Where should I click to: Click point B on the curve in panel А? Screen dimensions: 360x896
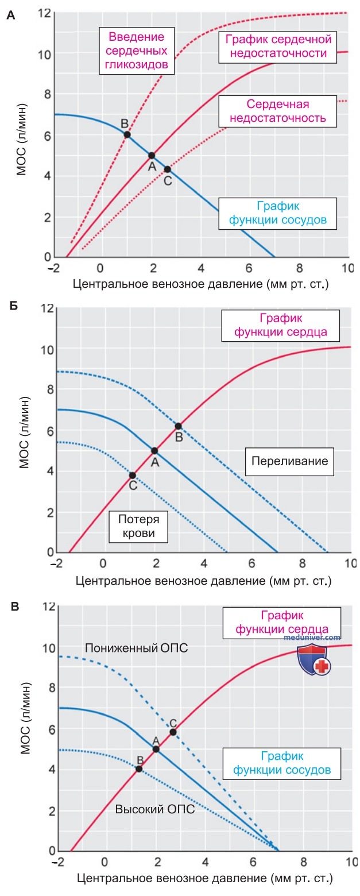click(x=127, y=134)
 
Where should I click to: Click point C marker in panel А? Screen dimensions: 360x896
click(x=167, y=169)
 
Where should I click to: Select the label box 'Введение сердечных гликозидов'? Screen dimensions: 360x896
click(x=137, y=51)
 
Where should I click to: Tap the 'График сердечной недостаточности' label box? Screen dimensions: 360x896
click(x=278, y=47)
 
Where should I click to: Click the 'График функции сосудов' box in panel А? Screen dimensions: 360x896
click(x=277, y=213)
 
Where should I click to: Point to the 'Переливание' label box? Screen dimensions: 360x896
click(x=289, y=461)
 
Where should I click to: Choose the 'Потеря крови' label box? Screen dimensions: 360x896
click(x=138, y=526)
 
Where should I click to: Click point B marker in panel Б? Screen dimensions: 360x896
click(x=178, y=426)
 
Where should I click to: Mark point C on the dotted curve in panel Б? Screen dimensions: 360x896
click(x=133, y=476)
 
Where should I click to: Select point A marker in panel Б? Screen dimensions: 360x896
click(x=154, y=451)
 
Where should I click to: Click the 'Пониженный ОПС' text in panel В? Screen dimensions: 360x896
click(x=137, y=648)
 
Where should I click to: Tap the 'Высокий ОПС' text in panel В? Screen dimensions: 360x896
click(x=155, y=809)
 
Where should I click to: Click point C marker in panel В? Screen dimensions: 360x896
click(x=173, y=732)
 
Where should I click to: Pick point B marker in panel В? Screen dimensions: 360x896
click(x=139, y=769)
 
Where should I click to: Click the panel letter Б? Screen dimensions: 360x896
click(x=14, y=307)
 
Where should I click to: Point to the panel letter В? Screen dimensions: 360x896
click(x=15, y=607)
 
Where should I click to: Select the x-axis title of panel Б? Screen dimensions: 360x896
click(x=204, y=581)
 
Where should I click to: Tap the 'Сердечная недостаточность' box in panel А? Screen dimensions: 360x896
click(x=277, y=111)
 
